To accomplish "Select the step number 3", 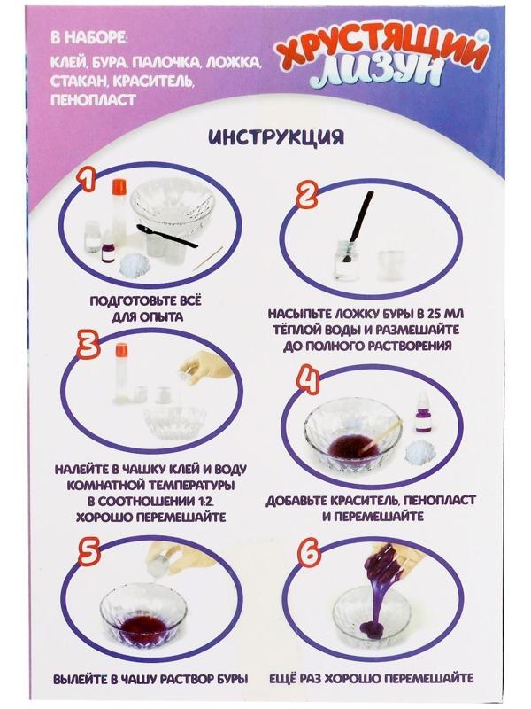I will pyautogui.click(x=86, y=347).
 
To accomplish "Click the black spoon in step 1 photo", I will pyautogui.click(x=168, y=237).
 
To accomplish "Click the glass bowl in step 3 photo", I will pyautogui.click(x=175, y=424).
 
